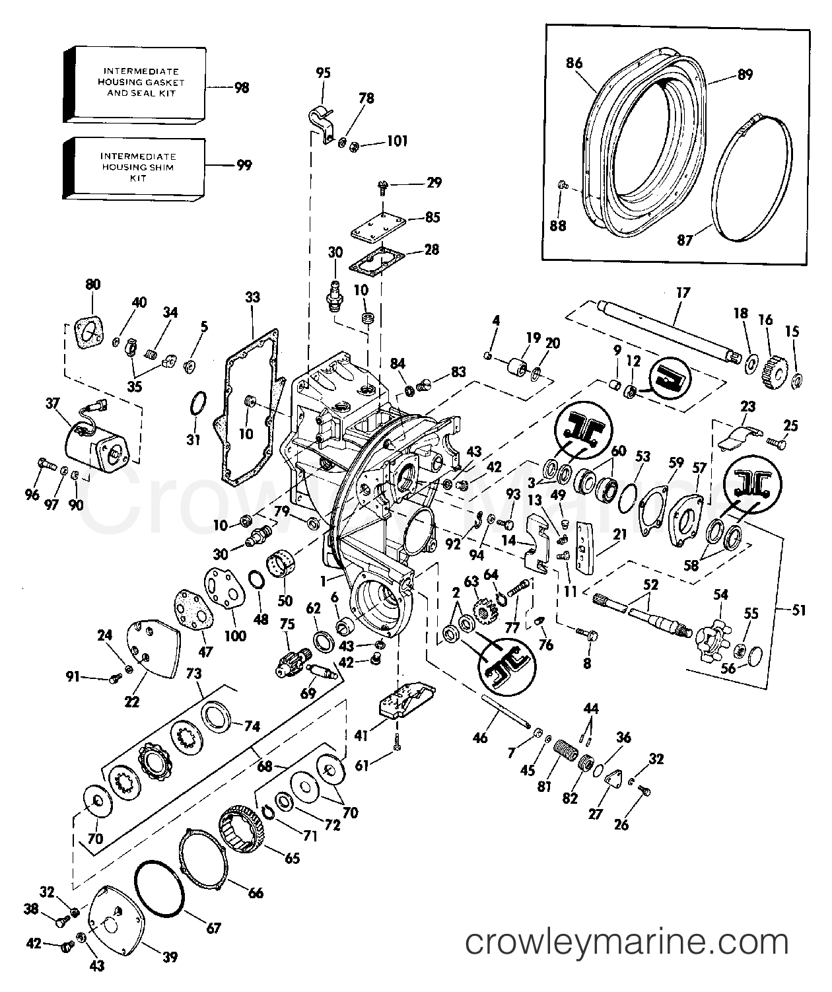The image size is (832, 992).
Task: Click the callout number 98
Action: point(242,88)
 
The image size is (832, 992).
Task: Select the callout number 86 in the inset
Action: point(574,63)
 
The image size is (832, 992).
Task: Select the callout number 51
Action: point(799,610)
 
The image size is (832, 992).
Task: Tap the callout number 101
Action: point(398,141)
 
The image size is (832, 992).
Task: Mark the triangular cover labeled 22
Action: point(153,649)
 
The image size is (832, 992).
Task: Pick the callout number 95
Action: point(323,73)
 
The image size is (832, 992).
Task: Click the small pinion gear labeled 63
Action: point(482,610)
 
